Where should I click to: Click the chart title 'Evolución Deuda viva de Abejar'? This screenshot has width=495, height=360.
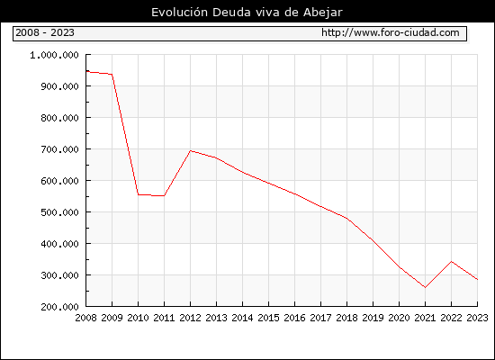point(247,13)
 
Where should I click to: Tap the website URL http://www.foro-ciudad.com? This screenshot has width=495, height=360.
point(391,32)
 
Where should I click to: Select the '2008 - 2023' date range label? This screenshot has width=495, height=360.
point(45,32)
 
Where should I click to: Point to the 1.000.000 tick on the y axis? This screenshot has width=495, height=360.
point(54,55)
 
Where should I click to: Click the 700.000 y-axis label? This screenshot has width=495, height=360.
point(59,149)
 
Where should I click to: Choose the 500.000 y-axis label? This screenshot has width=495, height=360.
point(59,212)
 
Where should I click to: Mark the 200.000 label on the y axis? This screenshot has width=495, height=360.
point(59,307)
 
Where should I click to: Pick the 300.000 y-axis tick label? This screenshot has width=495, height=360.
point(59,275)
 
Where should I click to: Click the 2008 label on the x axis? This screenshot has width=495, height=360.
point(85,318)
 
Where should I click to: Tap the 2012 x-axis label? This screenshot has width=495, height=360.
point(191,318)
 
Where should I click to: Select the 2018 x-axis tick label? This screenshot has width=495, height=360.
point(346,318)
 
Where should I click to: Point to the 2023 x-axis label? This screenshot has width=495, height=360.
point(477,318)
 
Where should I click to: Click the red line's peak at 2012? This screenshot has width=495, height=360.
point(191,150)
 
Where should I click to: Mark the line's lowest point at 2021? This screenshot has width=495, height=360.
point(425,287)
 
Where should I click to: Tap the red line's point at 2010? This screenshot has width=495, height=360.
point(139,194)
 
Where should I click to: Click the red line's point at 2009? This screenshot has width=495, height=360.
point(112,75)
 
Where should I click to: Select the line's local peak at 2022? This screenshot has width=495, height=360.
point(452,262)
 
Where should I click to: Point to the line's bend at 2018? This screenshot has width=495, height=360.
point(346,218)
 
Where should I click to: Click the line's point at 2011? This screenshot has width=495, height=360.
point(164,196)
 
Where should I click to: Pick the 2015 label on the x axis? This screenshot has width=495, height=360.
point(269,318)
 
